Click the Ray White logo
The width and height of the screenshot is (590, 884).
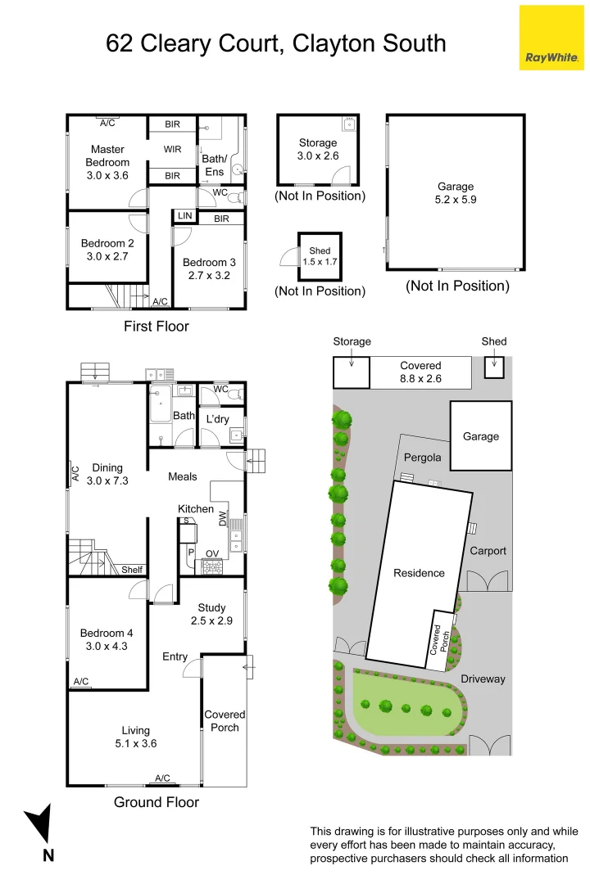551,38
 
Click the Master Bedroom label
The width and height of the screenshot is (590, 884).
107,156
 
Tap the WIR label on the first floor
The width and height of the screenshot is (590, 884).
172,150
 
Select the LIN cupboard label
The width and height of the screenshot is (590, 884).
184,216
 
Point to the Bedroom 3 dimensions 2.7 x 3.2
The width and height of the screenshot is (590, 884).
209,275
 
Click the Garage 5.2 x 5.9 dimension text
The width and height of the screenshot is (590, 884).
455,200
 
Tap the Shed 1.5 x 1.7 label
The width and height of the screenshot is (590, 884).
320,257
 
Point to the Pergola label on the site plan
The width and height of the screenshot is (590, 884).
423,458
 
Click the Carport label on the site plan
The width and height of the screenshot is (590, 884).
488,551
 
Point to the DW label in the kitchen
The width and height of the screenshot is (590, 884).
222,516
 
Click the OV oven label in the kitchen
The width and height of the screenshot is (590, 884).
211,554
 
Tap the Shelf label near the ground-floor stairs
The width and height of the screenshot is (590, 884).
132,570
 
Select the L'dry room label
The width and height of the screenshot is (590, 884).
217,419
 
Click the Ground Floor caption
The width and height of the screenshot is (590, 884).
156,802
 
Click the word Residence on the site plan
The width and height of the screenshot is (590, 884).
419,573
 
